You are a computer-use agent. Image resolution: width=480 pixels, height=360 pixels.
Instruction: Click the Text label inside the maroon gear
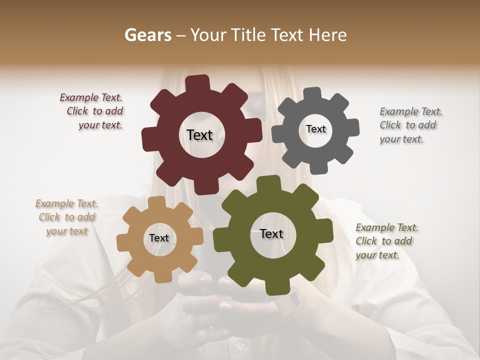click(199, 135)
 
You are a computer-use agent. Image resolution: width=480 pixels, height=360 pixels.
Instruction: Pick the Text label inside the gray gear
click(315, 129)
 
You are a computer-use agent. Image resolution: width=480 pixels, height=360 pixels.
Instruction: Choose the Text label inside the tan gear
click(159, 238)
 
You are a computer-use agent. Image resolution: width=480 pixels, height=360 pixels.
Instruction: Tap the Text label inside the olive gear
click(271, 234)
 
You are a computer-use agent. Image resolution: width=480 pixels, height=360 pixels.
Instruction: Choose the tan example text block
click(67, 217)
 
